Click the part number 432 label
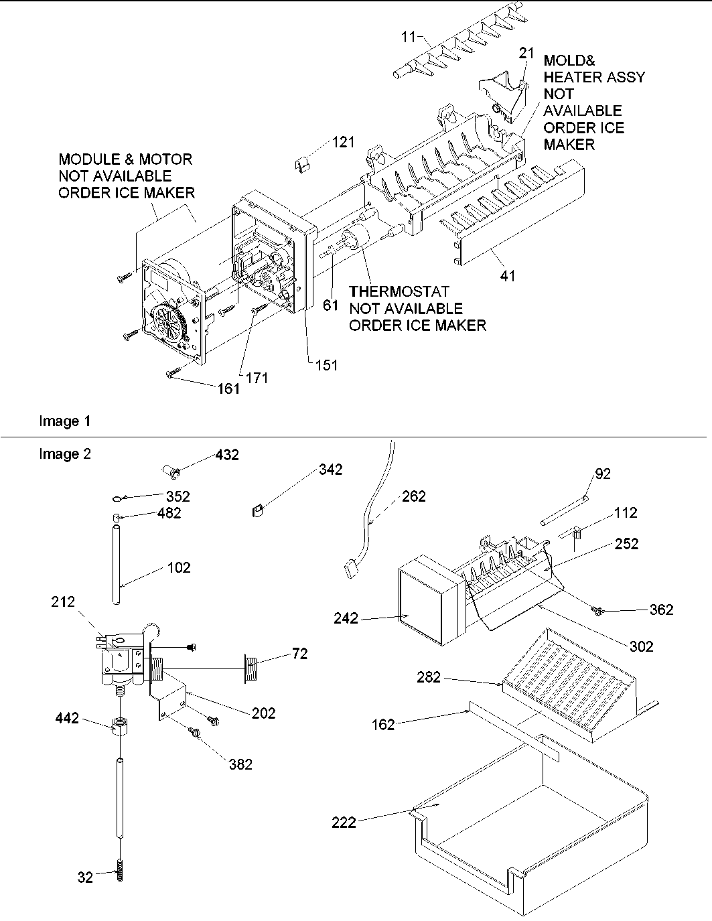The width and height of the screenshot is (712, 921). [x=226, y=455]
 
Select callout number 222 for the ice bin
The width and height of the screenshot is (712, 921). [x=344, y=823]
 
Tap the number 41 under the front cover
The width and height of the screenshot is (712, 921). [x=508, y=275]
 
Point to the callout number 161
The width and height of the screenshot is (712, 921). [x=228, y=388]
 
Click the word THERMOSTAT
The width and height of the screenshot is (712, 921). [x=399, y=292]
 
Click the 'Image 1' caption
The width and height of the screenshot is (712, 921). [x=64, y=421]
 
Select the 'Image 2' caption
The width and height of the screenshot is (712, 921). [x=64, y=454]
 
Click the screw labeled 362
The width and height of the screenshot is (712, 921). [x=595, y=609]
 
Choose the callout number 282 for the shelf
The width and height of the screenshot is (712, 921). [x=428, y=677]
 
